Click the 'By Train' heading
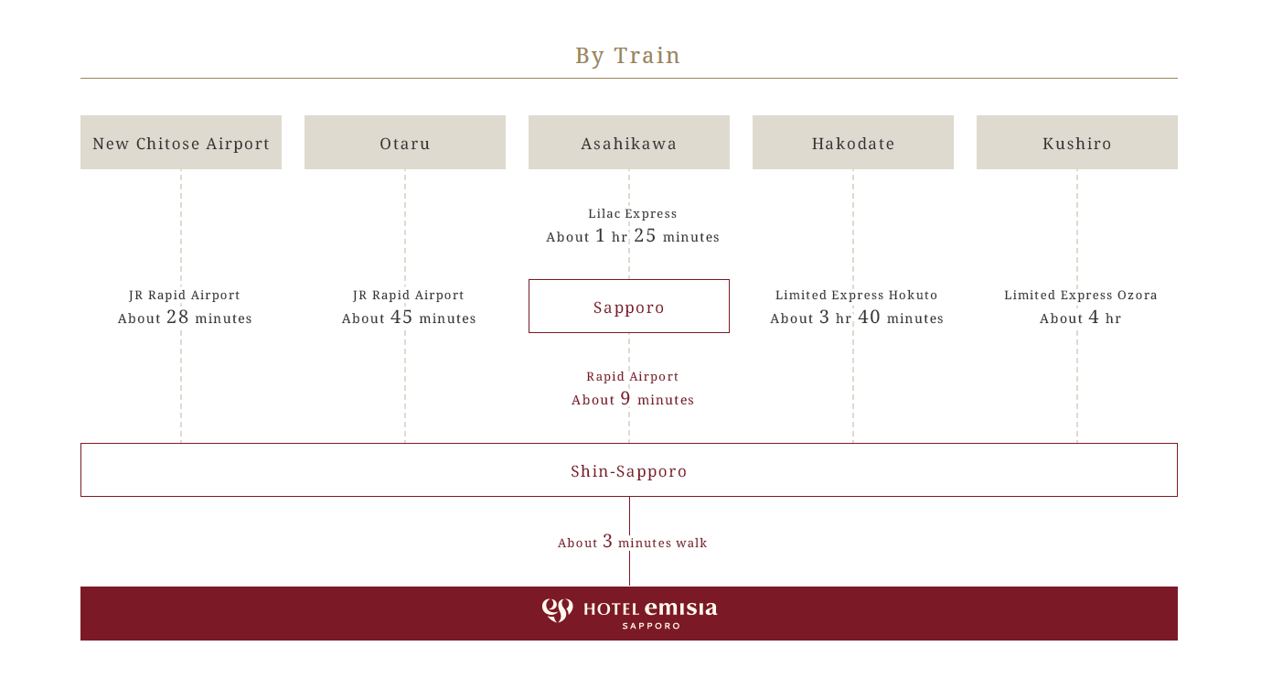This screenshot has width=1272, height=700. point(627,56)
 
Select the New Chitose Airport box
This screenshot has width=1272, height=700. point(181,142)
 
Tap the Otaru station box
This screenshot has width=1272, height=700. point(405,142)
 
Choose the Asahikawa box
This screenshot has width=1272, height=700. point(629,142)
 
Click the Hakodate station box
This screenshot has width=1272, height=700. point(853,142)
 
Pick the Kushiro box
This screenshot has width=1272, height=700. point(1077,142)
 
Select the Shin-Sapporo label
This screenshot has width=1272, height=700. point(629,471)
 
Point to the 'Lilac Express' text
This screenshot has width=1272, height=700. point(633,213)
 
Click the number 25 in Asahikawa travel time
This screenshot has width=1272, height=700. point(645,235)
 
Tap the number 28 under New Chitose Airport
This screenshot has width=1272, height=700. point(177,317)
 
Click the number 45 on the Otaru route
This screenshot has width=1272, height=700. point(401,317)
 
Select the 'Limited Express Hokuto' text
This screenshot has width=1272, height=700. point(856,295)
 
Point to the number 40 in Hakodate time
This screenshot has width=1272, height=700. point(869,317)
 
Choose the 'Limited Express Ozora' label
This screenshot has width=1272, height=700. point(1081,295)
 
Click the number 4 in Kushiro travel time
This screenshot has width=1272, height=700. point(1094,317)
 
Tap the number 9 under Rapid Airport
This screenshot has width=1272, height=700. point(625,398)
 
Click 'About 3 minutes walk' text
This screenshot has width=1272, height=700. point(633,542)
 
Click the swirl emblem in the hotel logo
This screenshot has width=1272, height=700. point(557,610)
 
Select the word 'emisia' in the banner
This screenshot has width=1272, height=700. point(681,608)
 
